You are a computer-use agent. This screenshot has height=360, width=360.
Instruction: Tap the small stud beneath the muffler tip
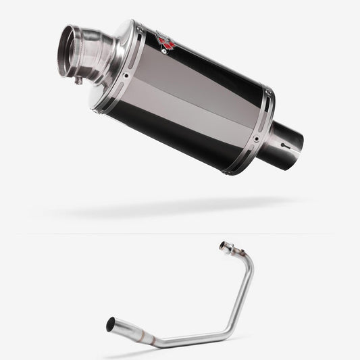(79, 82)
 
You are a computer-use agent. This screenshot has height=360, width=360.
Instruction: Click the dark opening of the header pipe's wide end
(110, 325)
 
